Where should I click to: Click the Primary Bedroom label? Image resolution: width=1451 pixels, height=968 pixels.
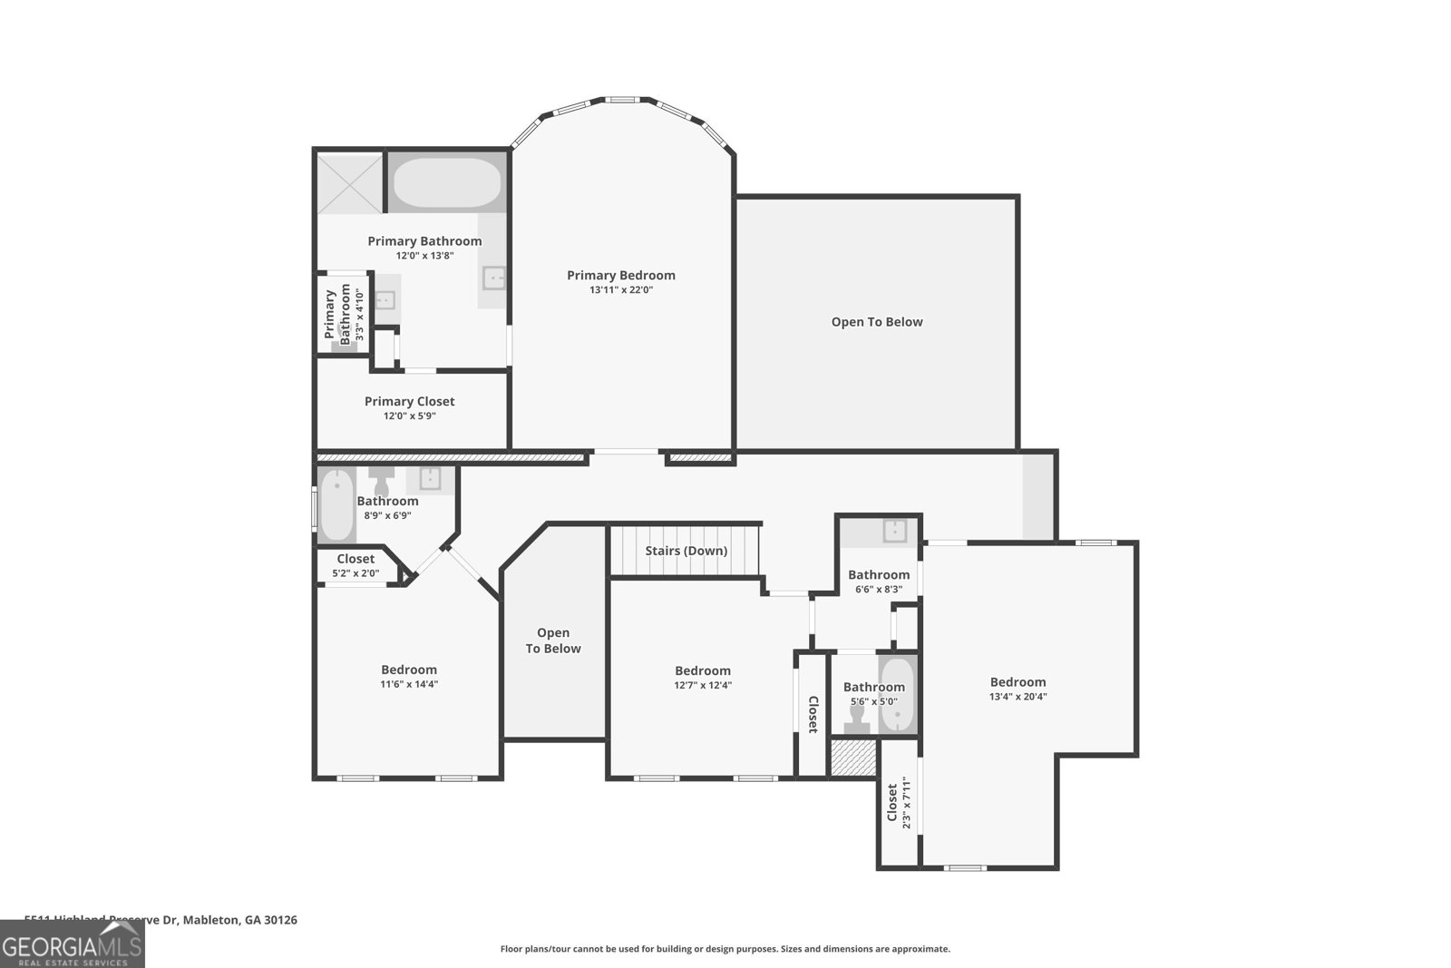(x=620, y=275)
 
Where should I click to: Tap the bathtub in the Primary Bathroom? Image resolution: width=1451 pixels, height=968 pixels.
(x=445, y=184)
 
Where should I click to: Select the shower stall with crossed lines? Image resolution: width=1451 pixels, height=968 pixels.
(x=349, y=184)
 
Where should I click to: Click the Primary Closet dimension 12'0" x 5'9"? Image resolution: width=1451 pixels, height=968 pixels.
(x=409, y=416)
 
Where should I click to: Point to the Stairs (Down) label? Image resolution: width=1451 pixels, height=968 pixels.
(x=686, y=551)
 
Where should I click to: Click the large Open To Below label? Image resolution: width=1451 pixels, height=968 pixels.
(x=876, y=322)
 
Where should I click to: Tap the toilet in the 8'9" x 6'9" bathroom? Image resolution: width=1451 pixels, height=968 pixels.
(x=381, y=482)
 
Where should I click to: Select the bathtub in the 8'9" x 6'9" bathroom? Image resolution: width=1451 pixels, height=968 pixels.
(x=336, y=505)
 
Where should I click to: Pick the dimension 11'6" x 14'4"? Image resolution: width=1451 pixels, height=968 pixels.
(x=409, y=685)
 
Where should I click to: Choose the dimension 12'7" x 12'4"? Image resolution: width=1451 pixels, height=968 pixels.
(x=702, y=686)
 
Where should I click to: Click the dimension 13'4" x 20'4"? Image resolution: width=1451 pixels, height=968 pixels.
(x=1018, y=697)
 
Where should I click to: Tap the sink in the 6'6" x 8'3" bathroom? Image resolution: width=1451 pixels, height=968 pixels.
(x=896, y=531)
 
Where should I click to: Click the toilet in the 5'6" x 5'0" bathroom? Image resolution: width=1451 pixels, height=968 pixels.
(x=856, y=719)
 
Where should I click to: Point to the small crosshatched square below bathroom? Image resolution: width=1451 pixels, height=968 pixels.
(x=852, y=758)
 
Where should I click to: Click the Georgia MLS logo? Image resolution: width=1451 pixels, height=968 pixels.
(x=72, y=944)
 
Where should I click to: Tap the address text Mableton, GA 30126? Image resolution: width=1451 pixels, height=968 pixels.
(x=240, y=920)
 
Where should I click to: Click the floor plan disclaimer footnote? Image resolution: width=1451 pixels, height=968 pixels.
(x=725, y=949)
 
